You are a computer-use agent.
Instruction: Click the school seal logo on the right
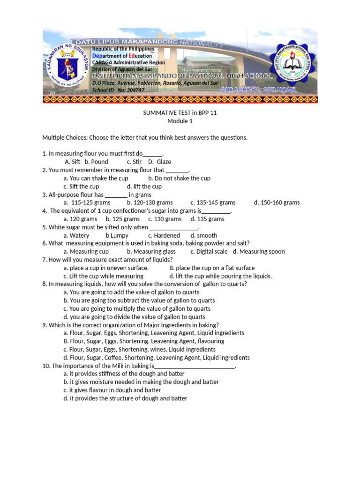pyautogui.click(x=292, y=64)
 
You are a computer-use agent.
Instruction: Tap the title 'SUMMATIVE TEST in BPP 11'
pyautogui.click(x=180, y=113)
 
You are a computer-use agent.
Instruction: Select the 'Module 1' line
pyautogui.click(x=180, y=121)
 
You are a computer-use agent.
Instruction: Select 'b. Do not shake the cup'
pyautogui.click(x=179, y=178)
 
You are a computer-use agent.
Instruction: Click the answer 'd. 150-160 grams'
pyautogui.click(x=277, y=202)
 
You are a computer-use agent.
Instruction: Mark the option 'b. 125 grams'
pyautogui.click(x=123, y=219)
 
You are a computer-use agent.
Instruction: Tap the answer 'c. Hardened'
pyautogui.click(x=164, y=235)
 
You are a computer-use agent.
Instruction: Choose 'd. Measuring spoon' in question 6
pyautogui.click(x=259, y=251)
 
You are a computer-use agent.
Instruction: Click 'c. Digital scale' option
pyautogui.click(x=209, y=251)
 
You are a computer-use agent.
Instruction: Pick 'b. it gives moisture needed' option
pyautogui.click(x=141, y=382)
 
